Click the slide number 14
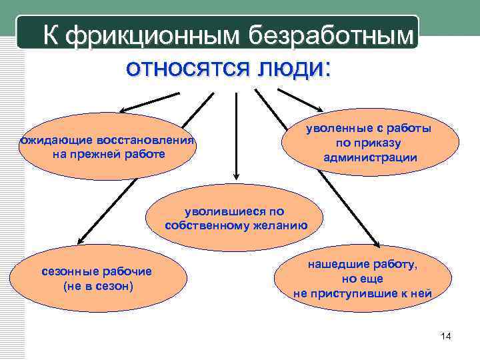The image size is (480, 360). pos(446,337)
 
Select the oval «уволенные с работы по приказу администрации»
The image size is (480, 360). pos(370,142)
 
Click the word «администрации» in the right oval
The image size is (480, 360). pos(370,157)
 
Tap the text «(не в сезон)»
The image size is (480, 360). pos(97,286)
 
